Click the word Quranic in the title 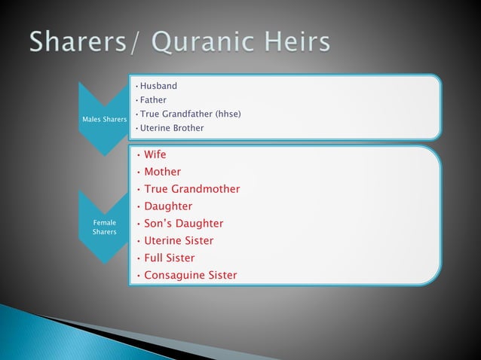click(x=195, y=42)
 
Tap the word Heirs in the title click(x=293, y=42)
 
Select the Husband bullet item click(x=158, y=86)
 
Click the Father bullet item click(x=153, y=99)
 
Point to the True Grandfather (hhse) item click(x=188, y=114)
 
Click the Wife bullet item click(x=155, y=154)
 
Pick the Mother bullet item click(x=162, y=172)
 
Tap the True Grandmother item click(x=191, y=189)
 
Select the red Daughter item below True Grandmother click(x=168, y=206)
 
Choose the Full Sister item click(x=169, y=258)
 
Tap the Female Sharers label click(x=105, y=227)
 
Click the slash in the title click(x=136, y=42)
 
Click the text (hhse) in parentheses click(x=228, y=114)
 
